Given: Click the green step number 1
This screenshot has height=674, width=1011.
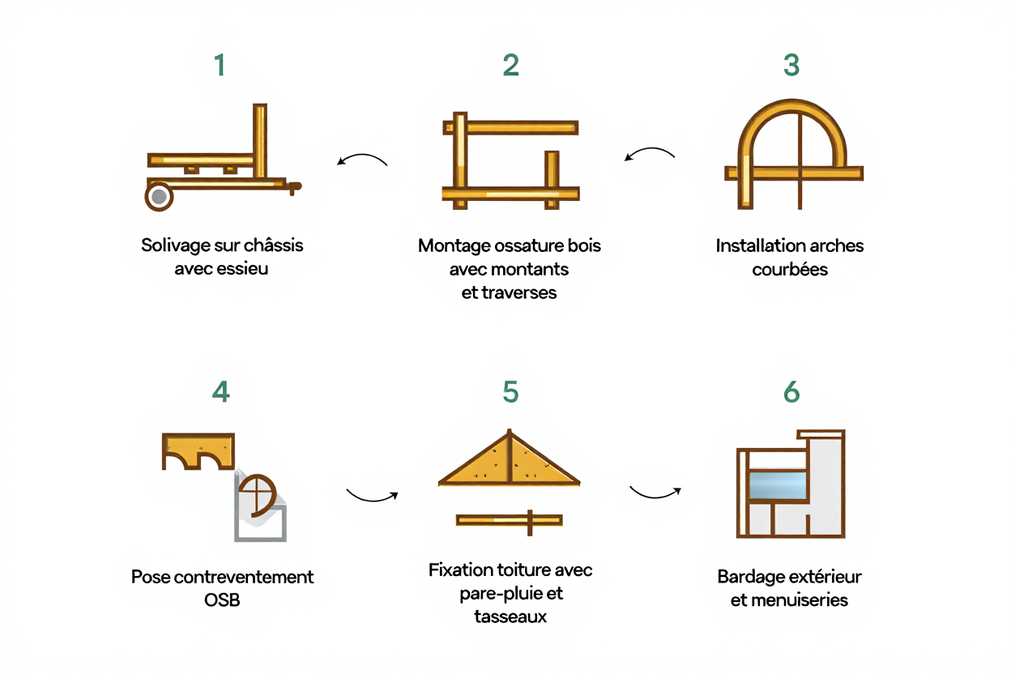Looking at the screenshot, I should click(219, 66).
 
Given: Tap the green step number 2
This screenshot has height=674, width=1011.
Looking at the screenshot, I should click(510, 66).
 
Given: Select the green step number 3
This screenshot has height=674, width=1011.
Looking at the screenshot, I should click(791, 66).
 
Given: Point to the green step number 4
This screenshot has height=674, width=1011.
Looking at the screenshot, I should click(220, 392).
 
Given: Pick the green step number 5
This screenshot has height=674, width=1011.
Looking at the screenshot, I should click(510, 392).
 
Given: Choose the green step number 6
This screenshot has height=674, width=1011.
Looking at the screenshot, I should click(791, 392).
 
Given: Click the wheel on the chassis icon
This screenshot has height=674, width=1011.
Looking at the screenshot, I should click(160, 196).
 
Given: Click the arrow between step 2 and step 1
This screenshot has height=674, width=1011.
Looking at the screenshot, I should click(361, 160).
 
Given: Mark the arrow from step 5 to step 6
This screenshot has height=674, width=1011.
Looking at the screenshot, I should click(655, 492).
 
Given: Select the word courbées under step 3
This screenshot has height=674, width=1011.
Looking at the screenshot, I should click(790, 270).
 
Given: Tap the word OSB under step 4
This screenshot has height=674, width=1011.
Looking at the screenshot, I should click(222, 601).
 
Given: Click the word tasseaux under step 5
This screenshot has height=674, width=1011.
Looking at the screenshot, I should click(510, 617).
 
